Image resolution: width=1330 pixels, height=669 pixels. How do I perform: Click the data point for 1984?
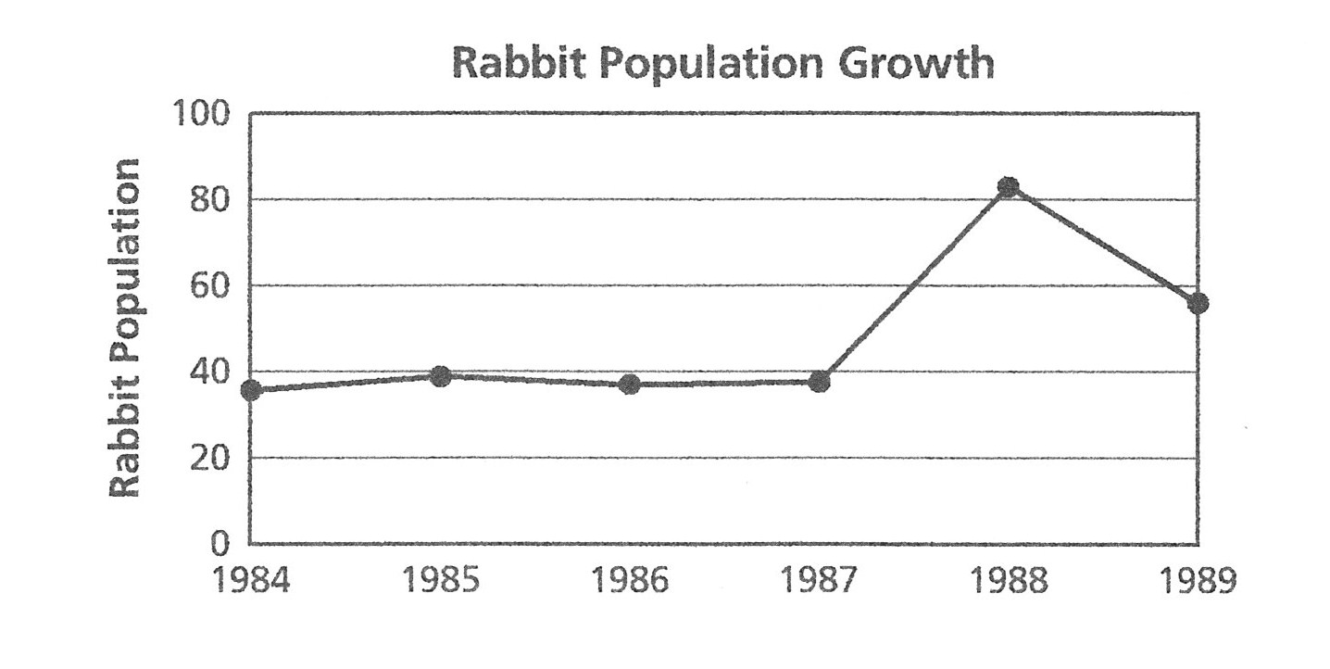pyautogui.click(x=251, y=390)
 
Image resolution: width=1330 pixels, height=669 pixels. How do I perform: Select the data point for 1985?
pyautogui.click(x=441, y=375)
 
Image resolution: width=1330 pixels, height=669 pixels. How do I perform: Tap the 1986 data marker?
pyautogui.click(x=630, y=384)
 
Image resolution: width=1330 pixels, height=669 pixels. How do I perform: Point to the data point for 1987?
pyautogui.click(x=819, y=381)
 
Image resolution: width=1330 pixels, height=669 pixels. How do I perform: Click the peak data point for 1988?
pyautogui.click(x=1009, y=187)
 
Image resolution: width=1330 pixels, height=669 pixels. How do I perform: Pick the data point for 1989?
pyautogui.click(x=1198, y=303)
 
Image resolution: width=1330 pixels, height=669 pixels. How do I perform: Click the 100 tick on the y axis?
pyautogui.click(x=200, y=115)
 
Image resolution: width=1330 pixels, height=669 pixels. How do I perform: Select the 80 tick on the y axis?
pyautogui.click(x=211, y=201)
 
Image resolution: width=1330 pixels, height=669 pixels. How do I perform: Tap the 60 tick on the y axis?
pyautogui.click(x=211, y=286)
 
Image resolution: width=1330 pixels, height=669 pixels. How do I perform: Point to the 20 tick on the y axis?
pyautogui.click(x=211, y=458)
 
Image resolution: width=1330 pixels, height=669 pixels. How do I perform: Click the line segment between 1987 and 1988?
pyautogui.click(x=913, y=284)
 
